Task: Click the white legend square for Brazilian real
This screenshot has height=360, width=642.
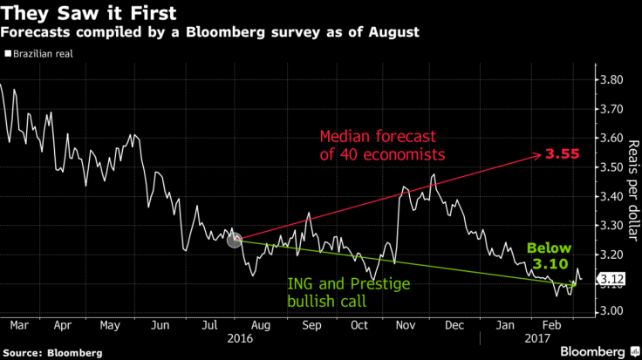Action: (x=7, y=54)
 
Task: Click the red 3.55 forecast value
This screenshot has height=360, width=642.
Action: (x=563, y=154)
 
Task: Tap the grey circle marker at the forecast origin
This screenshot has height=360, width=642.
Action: (x=234, y=240)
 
